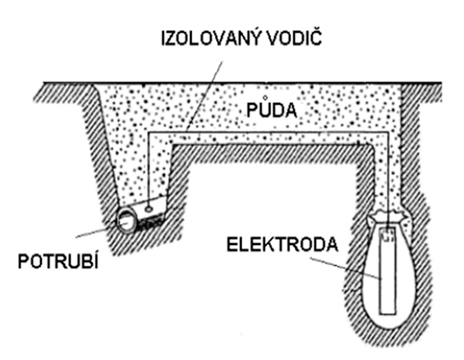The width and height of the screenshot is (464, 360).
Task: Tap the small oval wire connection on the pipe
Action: [x=147, y=208]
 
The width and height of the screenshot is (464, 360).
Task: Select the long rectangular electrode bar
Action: [x=388, y=275]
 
